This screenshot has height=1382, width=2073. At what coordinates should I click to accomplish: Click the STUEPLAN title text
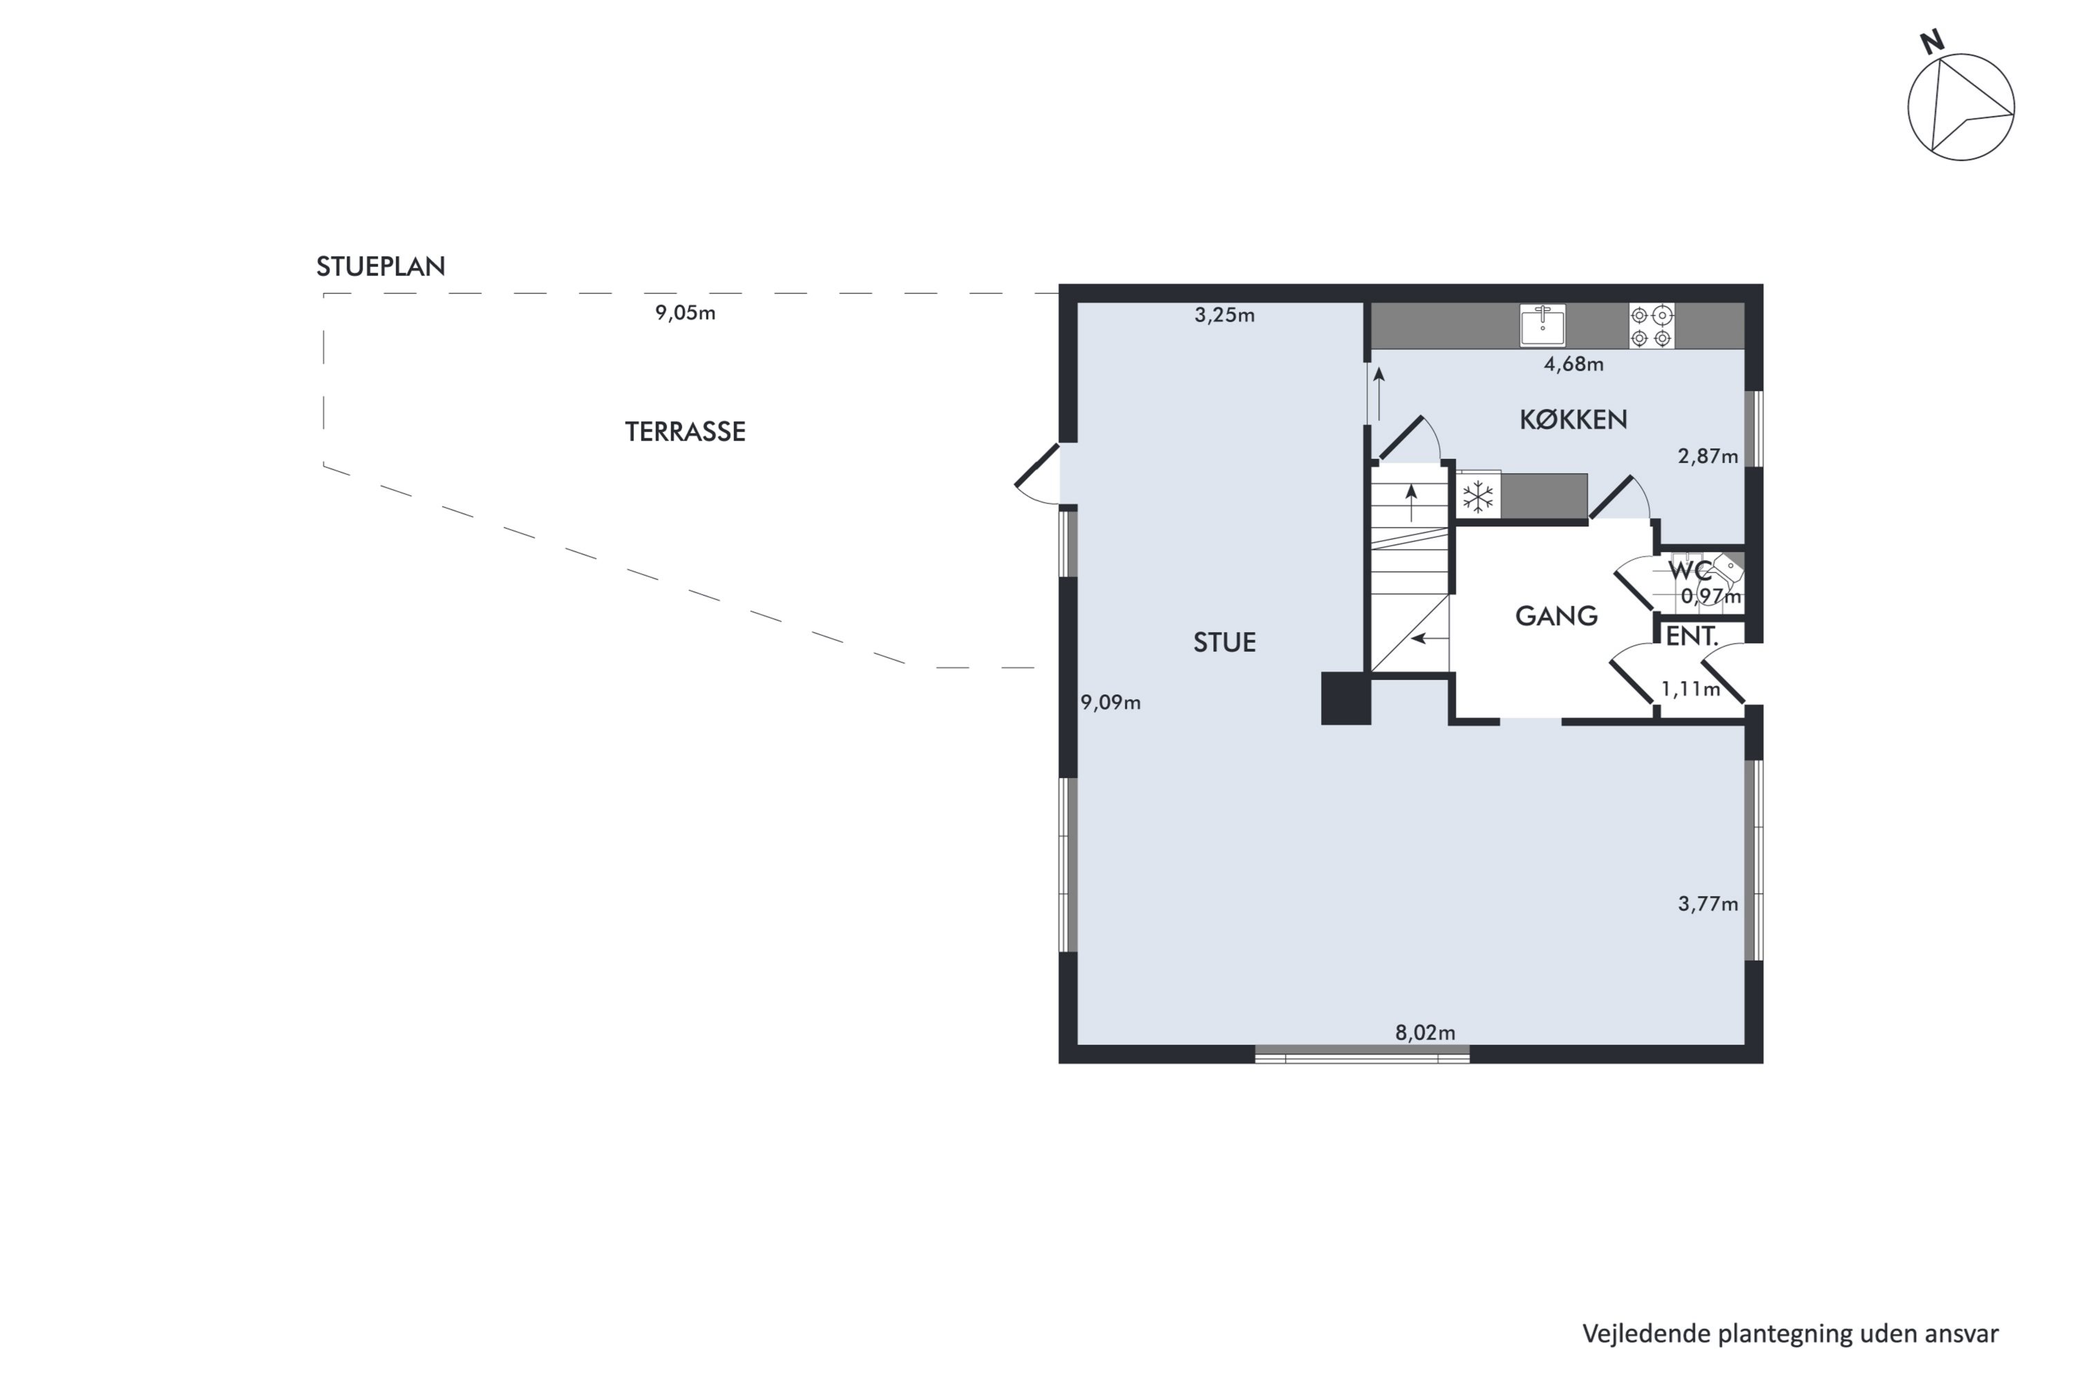[381, 266]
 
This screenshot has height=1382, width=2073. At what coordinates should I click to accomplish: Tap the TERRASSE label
[685, 431]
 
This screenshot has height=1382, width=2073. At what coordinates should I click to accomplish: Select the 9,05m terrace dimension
[685, 313]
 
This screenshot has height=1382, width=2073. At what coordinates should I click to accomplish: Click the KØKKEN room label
[1573, 419]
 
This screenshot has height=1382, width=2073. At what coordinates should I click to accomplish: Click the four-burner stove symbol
[1651, 326]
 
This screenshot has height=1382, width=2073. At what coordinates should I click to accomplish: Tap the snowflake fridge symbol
[1478, 497]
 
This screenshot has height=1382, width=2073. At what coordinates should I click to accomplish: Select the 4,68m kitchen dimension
[1573, 364]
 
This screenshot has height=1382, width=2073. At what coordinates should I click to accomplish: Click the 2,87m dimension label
[1707, 457]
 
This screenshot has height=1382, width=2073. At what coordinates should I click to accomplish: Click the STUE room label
[1224, 643]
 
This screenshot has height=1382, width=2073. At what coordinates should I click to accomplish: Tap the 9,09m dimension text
[1110, 703]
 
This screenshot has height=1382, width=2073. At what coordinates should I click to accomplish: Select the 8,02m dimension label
[1425, 1032]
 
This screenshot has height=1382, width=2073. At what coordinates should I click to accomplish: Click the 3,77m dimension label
[1707, 903]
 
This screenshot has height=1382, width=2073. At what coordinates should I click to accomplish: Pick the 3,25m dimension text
[1224, 314]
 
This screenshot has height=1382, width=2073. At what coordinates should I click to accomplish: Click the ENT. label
[1692, 636]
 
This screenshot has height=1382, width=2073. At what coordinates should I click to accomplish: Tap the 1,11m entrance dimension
[1690, 688]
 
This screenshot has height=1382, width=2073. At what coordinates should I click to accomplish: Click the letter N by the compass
[1932, 42]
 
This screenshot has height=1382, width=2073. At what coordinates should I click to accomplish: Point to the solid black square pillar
[1346, 699]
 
